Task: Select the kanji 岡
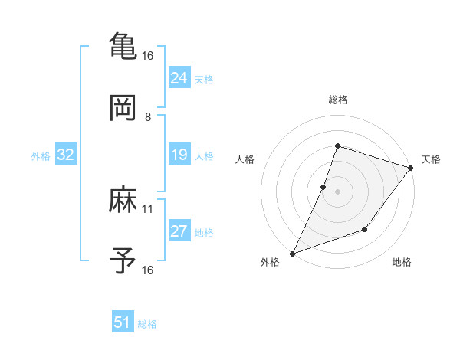123,108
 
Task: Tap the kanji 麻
123,201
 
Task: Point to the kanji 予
123,261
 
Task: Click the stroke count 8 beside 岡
148,116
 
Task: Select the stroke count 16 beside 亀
148,56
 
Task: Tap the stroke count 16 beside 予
148,270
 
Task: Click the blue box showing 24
179,78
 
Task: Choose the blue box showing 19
179,155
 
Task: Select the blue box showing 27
179,232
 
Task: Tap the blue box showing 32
65,155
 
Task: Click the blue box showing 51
122,323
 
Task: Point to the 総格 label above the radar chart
337,100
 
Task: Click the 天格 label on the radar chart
431,159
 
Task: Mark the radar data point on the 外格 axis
292,253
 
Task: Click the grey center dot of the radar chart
337,191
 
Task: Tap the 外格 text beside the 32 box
41,156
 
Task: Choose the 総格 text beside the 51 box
147,324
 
